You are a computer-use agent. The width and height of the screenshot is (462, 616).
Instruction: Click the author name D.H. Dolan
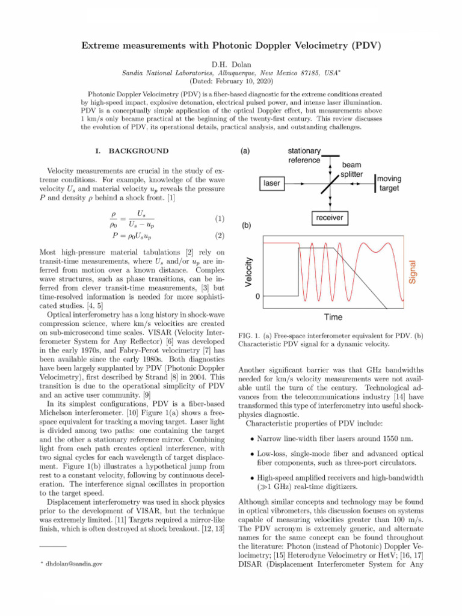[231, 63]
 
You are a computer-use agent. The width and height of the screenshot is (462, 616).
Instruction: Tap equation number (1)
[220, 219]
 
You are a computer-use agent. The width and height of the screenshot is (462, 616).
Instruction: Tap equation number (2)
[220, 236]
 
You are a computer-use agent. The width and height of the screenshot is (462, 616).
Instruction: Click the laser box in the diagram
[272, 183]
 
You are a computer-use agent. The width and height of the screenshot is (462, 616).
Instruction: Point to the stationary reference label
[304, 155]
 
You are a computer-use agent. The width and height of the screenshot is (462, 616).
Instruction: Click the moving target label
[390, 183]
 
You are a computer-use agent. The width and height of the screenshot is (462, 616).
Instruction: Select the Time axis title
[333, 316]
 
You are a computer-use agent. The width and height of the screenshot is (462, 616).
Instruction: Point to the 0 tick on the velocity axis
[257, 297]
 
